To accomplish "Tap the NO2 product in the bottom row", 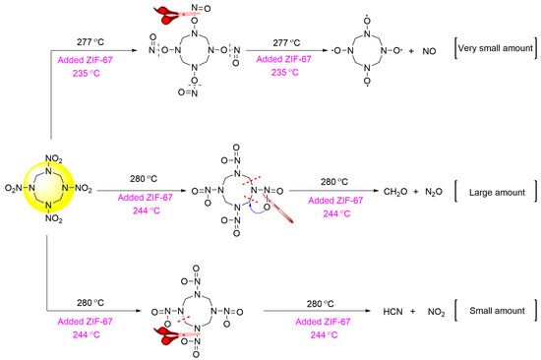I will coord(428,310).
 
